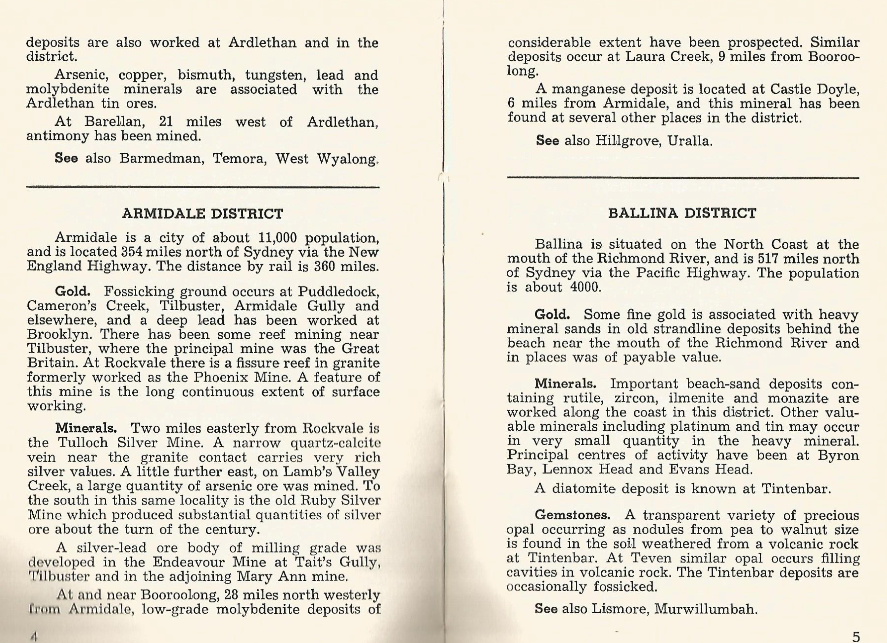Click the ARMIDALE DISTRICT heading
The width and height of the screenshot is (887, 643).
coord(203,214)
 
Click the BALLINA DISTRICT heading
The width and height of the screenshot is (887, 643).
coord(682,213)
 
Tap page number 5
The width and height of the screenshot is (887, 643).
coord(856,637)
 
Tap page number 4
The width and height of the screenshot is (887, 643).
coord(34,636)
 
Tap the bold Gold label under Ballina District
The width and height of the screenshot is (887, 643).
coord(552,315)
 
